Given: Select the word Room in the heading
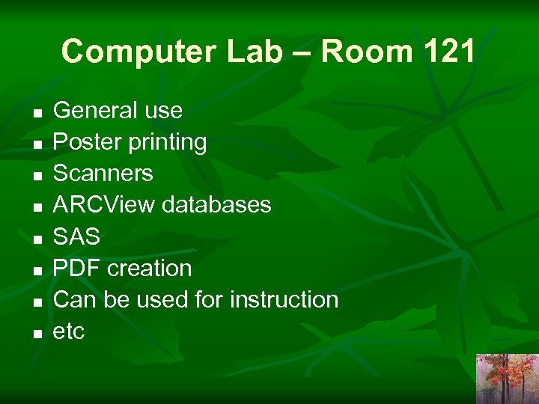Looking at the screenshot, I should pos(365,52).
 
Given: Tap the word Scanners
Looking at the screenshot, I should pos(103,174).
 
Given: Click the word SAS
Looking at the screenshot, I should pos(76,237).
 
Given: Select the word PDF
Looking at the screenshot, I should pos(77,269).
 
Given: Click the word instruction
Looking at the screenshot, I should pos(284,300).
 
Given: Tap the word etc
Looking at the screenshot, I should pos(69,331).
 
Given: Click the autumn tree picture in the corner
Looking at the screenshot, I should pos(507,379).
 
